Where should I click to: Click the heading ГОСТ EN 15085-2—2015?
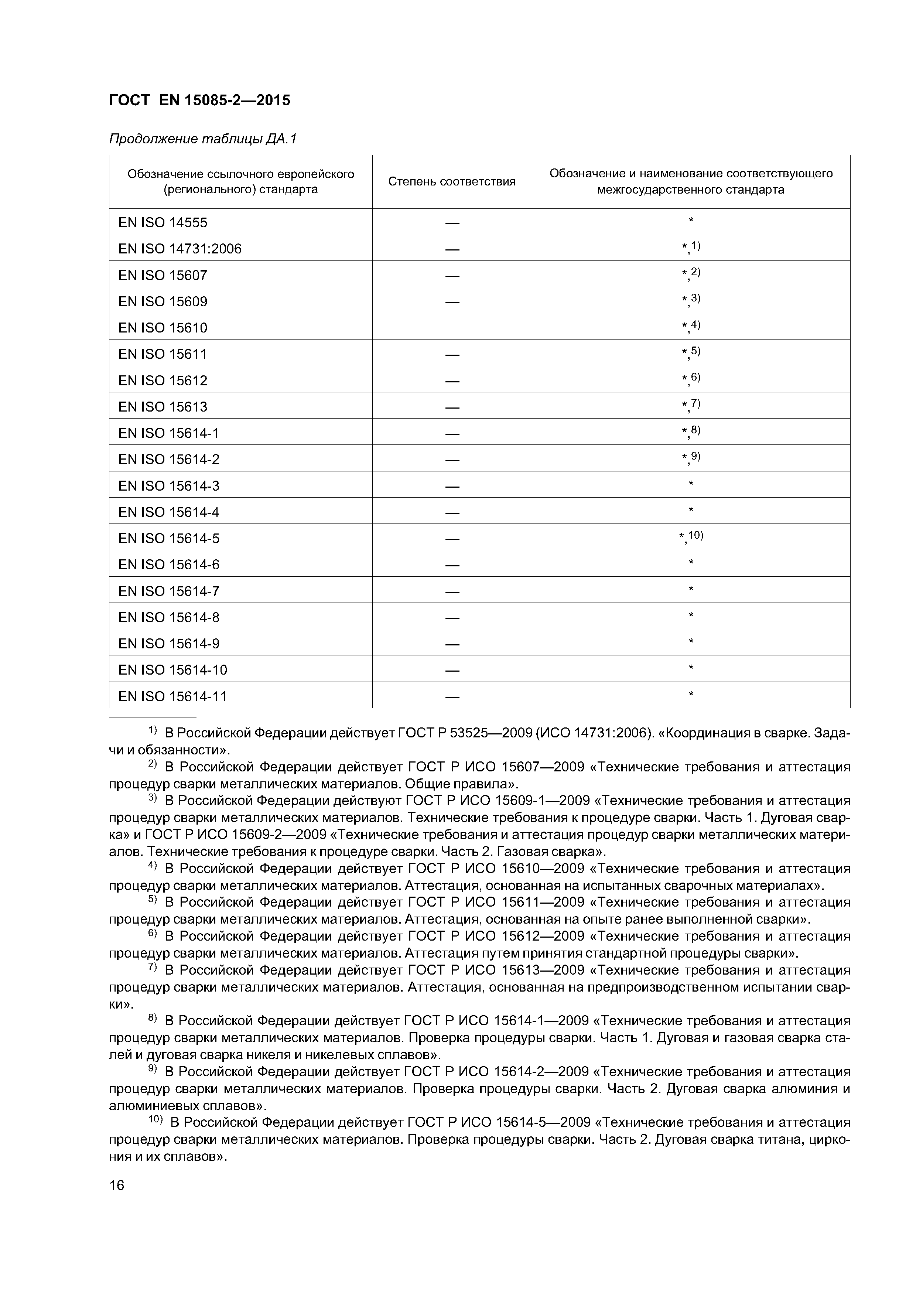pyautogui.click(x=199, y=100)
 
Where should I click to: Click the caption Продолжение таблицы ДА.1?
pyautogui.click(x=202, y=139)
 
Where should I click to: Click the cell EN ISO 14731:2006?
pyautogui.click(x=180, y=249)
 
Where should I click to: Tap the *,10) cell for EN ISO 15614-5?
pyautogui.click(x=691, y=537)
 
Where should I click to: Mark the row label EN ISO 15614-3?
pyautogui.click(x=169, y=486)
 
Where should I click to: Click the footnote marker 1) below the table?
pyautogui.click(x=153, y=730)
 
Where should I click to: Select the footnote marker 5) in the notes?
pyautogui.click(x=153, y=899)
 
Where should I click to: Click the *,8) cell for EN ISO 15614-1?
pyautogui.click(x=691, y=432)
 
